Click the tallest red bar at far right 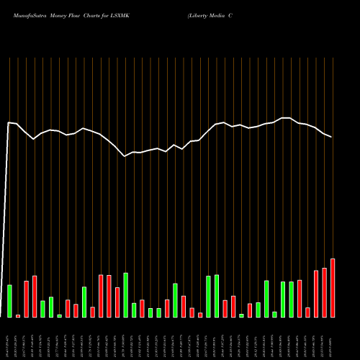coord(333,288)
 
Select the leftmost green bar coord(9,301)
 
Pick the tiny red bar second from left coord(18,315)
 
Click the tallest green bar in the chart coord(126,295)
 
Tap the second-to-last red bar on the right coord(324,292)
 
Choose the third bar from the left coord(26,299)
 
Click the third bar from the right coord(316,294)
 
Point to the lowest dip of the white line coord(125,156)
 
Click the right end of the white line coord(332,137)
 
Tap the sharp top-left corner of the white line coord(9,122)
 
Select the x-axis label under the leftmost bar coord(9,338)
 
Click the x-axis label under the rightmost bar coord(333,338)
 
